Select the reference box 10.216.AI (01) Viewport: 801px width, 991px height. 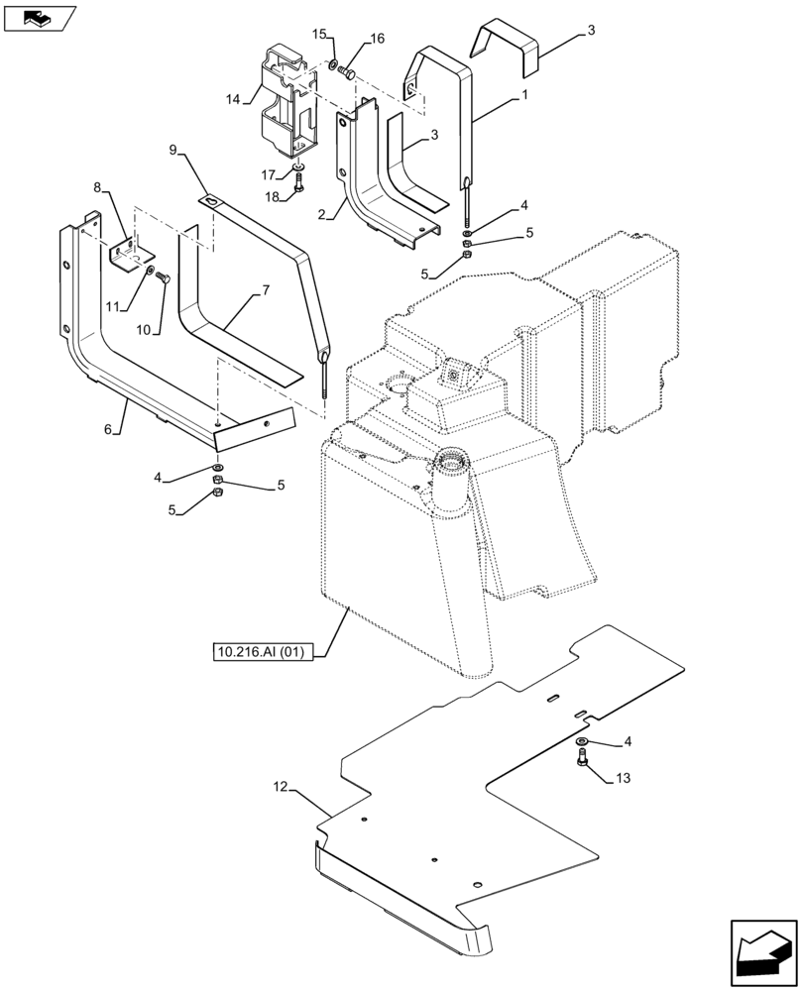(263, 651)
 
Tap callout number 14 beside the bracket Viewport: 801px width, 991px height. (233, 99)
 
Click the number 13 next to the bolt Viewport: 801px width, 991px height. (621, 778)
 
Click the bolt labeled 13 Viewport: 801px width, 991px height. (582, 759)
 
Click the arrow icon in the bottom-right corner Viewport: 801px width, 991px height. (763, 952)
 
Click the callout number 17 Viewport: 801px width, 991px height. (269, 174)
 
